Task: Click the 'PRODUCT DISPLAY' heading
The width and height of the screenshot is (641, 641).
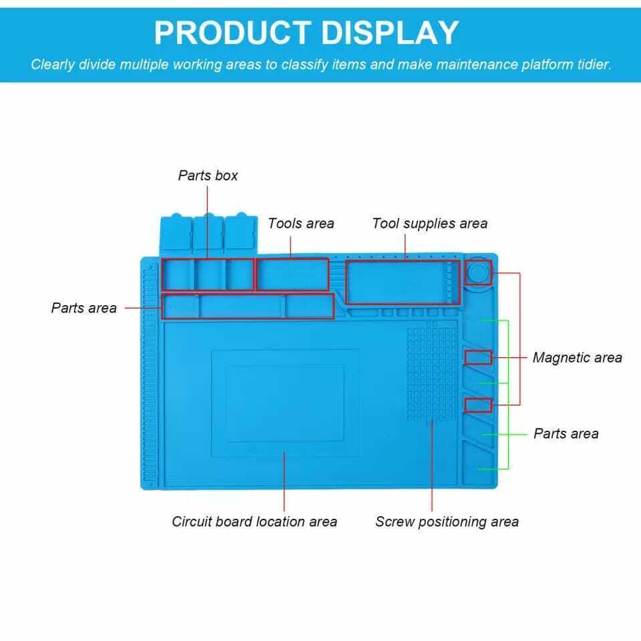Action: coord(306,33)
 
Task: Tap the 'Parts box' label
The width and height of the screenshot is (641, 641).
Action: coord(208,176)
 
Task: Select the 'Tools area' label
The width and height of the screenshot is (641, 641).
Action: coord(301,223)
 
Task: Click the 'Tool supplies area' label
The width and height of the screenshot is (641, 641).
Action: coord(429,223)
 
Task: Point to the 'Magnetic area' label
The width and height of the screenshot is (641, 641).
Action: coord(577,358)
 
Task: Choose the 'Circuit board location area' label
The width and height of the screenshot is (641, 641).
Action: coord(254,521)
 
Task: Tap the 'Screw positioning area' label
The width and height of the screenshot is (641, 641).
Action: coord(447,522)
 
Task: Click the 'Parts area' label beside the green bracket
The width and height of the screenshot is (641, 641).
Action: coord(566,433)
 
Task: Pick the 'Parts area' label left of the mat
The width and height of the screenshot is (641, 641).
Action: coord(84,308)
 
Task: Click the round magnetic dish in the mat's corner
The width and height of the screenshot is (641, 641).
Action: coord(478,272)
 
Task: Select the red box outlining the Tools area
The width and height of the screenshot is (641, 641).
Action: coord(292,258)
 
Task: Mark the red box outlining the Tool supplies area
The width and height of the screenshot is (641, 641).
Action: coord(403,260)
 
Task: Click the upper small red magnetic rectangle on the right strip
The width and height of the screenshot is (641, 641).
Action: coord(478,351)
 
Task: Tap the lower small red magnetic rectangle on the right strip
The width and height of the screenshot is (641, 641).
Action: coord(478,399)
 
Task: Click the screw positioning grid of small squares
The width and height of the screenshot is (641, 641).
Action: coord(432,372)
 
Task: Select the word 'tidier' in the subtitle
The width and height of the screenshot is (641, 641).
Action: coord(594,65)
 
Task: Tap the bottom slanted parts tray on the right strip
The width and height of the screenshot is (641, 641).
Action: coord(478,462)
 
